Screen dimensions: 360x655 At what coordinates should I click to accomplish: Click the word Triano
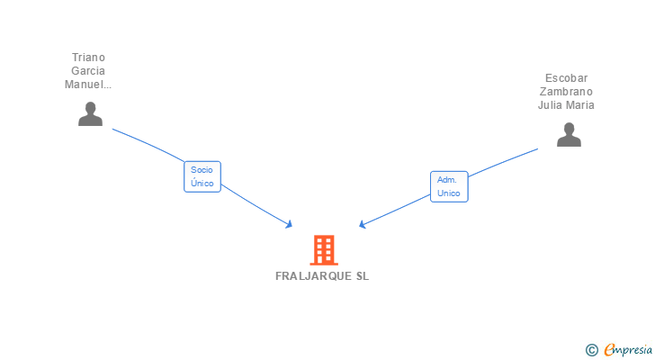[89, 58]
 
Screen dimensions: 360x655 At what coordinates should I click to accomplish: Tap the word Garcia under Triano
[89, 71]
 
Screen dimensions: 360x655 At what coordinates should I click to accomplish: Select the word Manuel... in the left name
[88, 85]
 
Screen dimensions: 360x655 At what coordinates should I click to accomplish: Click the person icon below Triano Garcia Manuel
[90, 114]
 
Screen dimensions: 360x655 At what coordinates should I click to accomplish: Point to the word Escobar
[567, 78]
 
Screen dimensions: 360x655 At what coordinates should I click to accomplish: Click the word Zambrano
[567, 92]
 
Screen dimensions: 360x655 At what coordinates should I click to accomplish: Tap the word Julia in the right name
[552, 105]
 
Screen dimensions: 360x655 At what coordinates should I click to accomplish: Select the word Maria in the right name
[580, 105]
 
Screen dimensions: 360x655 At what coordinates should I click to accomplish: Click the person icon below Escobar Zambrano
[569, 135]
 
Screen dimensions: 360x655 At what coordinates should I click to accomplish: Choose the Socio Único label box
[202, 176]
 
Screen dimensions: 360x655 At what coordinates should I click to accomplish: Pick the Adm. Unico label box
[449, 186]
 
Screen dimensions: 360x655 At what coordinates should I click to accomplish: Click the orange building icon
[324, 249]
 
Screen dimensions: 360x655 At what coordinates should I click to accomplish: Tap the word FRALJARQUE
[310, 276]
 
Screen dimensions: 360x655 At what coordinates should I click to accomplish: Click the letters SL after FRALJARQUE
[362, 276]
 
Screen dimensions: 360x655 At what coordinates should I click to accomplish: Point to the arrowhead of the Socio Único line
[290, 224]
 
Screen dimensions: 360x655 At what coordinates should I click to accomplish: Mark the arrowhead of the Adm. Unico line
[362, 224]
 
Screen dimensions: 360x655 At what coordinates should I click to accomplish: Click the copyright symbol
[591, 350]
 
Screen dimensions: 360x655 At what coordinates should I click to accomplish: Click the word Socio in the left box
[202, 169]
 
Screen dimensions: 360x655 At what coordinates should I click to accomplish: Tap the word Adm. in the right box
[447, 179]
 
